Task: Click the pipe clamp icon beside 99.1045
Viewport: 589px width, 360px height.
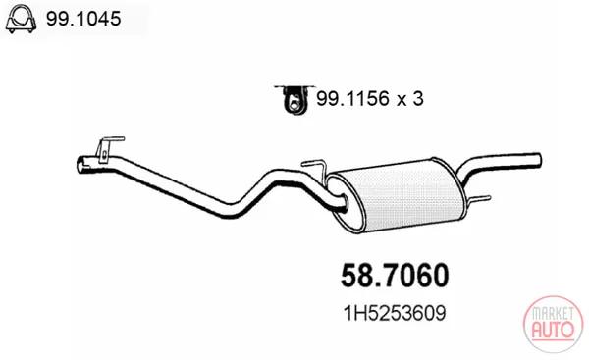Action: pyautogui.click(x=21, y=19)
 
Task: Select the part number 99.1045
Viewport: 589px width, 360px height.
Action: pyautogui.click(x=83, y=19)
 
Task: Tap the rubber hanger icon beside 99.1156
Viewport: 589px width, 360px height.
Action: pyautogui.click(x=294, y=99)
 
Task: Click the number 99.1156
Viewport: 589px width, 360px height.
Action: pyautogui.click(x=352, y=99)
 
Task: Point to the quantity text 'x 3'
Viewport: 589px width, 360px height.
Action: pyautogui.click(x=410, y=99)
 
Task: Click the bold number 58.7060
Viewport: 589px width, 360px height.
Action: pyautogui.click(x=395, y=276)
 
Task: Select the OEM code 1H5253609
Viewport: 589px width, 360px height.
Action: pyautogui.click(x=395, y=313)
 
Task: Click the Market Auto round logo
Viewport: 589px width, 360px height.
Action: pyautogui.click(x=553, y=325)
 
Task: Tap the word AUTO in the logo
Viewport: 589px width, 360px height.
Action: pyautogui.click(x=553, y=330)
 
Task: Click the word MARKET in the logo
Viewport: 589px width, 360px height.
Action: pyautogui.click(x=554, y=312)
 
